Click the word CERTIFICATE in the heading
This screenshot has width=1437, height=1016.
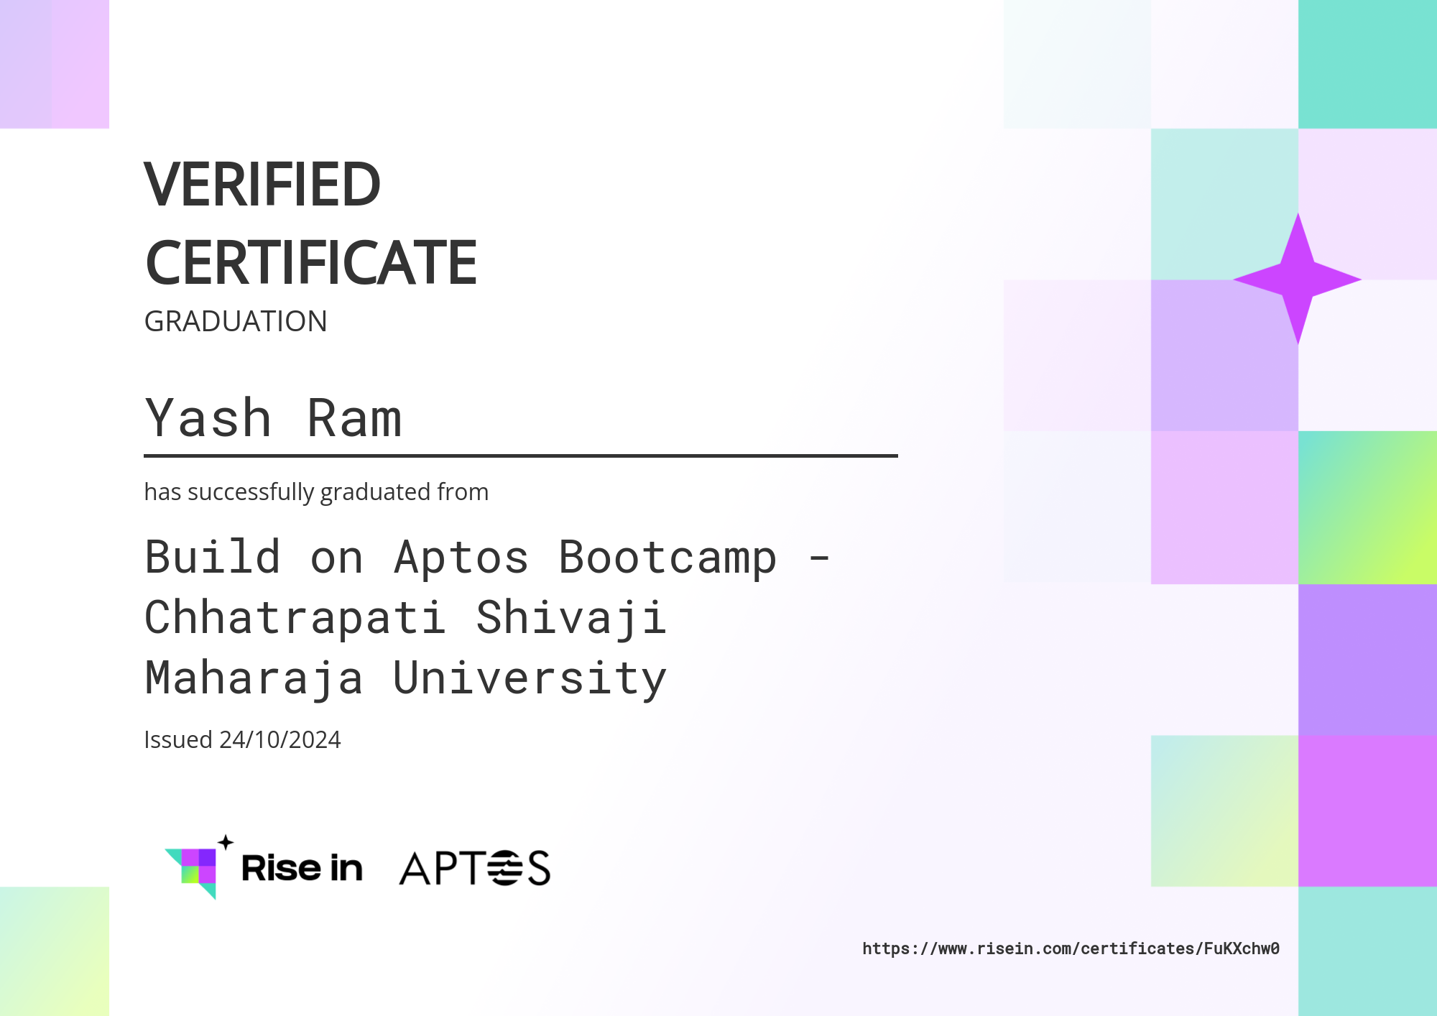[x=311, y=263]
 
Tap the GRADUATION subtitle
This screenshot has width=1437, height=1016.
[x=236, y=321]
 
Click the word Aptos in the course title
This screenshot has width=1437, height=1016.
[x=461, y=558]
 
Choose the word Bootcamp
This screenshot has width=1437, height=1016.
[x=667, y=558]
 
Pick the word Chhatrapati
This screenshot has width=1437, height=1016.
[x=295, y=619]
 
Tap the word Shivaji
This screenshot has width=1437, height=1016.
[x=571, y=619]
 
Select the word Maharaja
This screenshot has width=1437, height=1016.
[x=254, y=679]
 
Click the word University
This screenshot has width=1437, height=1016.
[x=530, y=679]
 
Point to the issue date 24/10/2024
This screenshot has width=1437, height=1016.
[x=280, y=740]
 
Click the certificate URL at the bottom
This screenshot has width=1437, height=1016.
[x=1071, y=948]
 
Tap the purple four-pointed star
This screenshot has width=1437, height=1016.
[x=1298, y=279]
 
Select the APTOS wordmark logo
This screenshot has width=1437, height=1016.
[x=475, y=868]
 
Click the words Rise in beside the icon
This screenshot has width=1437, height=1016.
[x=302, y=868]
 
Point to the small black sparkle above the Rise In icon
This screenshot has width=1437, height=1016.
[x=226, y=842]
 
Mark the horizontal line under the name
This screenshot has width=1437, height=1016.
[x=521, y=456]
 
